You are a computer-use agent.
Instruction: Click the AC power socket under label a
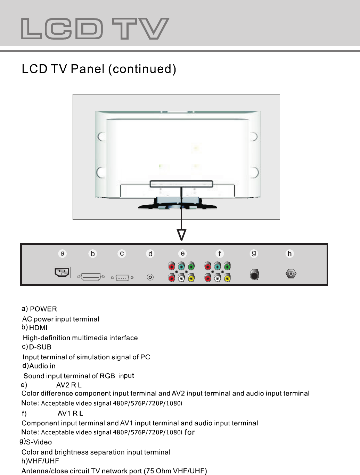point(62,272)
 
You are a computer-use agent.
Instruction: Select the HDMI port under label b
point(91,277)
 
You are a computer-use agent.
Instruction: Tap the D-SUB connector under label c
point(122,278)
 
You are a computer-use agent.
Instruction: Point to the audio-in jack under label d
point(150,277)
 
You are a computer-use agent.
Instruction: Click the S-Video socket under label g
point(254,275)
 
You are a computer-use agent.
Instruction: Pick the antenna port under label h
point(291,274)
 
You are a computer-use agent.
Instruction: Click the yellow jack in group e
point(191,278)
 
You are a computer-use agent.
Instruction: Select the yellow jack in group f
point(227,278)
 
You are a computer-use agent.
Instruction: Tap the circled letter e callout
point(182,253)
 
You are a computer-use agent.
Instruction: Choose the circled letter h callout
point(289,254)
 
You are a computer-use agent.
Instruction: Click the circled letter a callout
point(62,253)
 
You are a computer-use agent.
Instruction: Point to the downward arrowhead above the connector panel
point(182,235)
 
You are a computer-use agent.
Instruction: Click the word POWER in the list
point(43,309)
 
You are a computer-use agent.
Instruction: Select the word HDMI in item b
point(38,328)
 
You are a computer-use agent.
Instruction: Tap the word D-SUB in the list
point(40,347)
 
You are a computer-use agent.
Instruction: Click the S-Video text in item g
point(39,442)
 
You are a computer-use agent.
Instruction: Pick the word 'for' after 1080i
point(190,432)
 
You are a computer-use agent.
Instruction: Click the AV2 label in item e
point(63,385)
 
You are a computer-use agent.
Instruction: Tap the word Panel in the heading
point(88,69)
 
